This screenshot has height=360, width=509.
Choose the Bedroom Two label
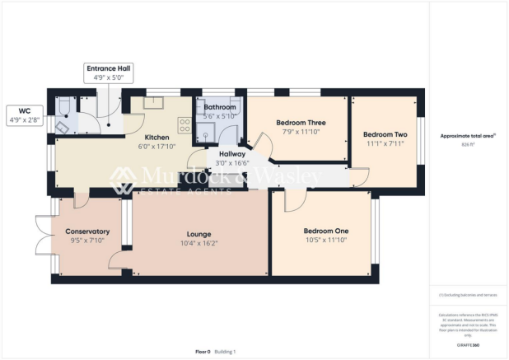[x=385, y=134]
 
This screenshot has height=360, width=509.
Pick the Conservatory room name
[x=87, y=231]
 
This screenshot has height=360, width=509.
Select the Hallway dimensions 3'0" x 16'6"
[x=226, y=163]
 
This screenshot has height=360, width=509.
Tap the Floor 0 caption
[x=203, y=352]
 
